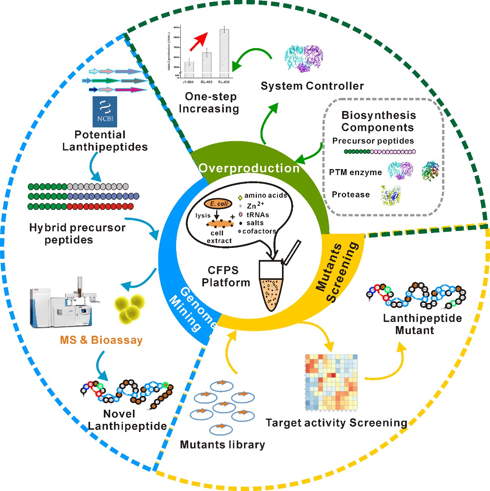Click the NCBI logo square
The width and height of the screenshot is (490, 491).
105,112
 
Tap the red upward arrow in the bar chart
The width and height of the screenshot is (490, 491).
198,41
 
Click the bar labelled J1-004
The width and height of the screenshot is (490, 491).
189,69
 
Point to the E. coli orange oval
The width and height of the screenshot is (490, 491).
218,204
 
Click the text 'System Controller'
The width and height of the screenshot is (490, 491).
312,86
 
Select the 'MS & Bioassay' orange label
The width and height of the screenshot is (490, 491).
101,340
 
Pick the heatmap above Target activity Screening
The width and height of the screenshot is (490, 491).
332,382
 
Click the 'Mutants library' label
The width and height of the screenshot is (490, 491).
223,445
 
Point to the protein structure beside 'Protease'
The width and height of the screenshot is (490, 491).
391,195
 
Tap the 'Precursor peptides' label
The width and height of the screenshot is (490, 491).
373,141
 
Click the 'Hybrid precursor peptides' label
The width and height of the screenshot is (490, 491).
77,234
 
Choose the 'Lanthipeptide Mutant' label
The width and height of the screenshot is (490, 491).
422,324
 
